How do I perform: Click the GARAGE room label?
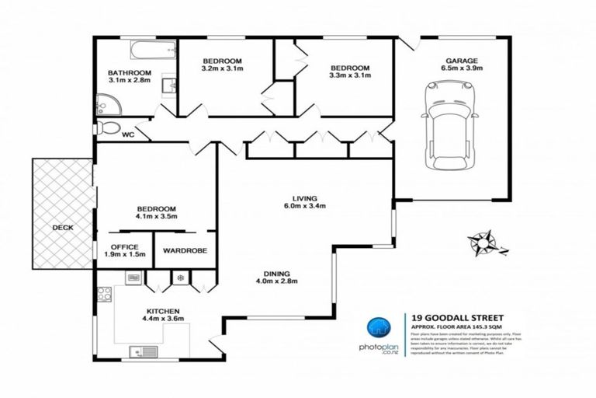point(461,61)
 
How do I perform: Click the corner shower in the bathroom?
point(106,104)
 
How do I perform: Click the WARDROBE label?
point(185,251)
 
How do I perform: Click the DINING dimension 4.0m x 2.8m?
point(276,281)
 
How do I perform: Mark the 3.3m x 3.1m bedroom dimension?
point(351,75)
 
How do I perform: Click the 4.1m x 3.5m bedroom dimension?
point(157,218)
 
